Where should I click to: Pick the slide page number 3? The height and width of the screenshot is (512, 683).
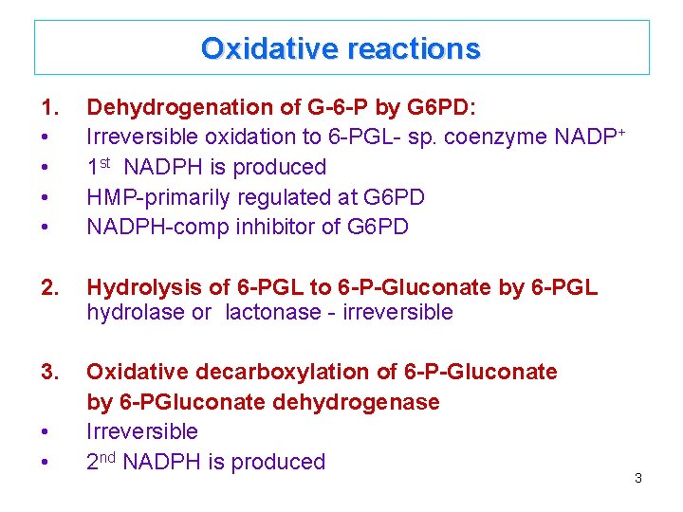point(638,478)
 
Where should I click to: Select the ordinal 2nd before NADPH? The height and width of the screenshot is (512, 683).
point(102,462)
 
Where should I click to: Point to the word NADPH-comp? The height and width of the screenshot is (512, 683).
point(142,228)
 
